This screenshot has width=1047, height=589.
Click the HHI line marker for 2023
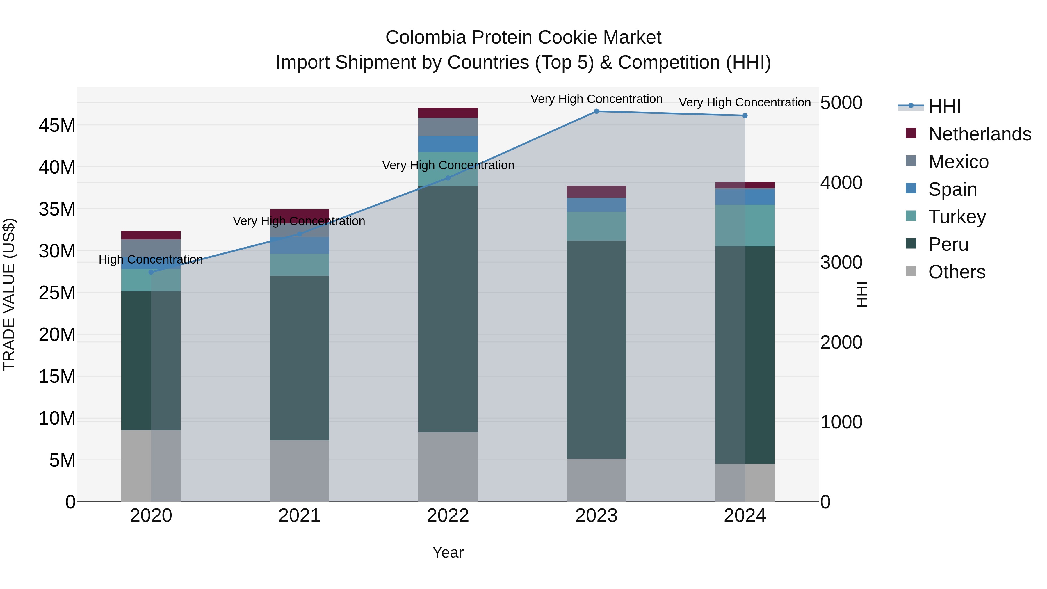596,111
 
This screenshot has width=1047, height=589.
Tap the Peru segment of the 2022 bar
448,309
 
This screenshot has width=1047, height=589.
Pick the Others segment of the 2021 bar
300,471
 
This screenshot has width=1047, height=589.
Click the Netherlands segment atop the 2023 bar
596,192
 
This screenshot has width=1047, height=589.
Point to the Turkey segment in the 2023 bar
596,226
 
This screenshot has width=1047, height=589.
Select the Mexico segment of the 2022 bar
448,127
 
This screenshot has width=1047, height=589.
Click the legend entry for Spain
952,189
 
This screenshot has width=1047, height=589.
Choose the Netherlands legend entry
980,134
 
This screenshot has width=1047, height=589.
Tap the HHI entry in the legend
944,106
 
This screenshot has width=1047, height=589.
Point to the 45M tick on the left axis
57,126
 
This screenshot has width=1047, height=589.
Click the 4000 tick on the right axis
841,182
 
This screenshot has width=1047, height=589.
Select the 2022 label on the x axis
448,516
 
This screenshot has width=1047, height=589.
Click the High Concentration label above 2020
151,259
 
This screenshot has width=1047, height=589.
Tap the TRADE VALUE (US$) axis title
9,294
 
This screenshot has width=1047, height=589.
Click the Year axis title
448,552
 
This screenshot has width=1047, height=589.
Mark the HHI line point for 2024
745,116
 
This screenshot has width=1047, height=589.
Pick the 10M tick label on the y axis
57,419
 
